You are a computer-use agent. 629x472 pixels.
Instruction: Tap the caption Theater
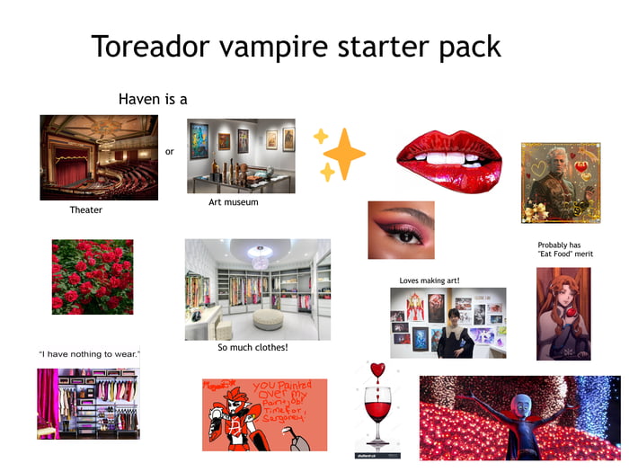86,210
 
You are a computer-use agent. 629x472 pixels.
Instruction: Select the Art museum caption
233,202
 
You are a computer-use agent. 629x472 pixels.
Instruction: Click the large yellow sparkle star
344,154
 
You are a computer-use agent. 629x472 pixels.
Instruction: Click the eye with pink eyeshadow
401,231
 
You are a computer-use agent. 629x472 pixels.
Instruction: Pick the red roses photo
93,277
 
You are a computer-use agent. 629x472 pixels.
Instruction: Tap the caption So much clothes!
252,348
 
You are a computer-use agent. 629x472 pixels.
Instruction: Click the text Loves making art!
429,281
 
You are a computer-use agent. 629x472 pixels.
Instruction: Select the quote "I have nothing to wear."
89,354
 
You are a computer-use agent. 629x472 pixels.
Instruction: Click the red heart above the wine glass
377,370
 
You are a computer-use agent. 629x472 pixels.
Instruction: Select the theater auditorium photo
99,157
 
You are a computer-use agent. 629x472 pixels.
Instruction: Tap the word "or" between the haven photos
170,151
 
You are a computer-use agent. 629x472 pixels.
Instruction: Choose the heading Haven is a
153,99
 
